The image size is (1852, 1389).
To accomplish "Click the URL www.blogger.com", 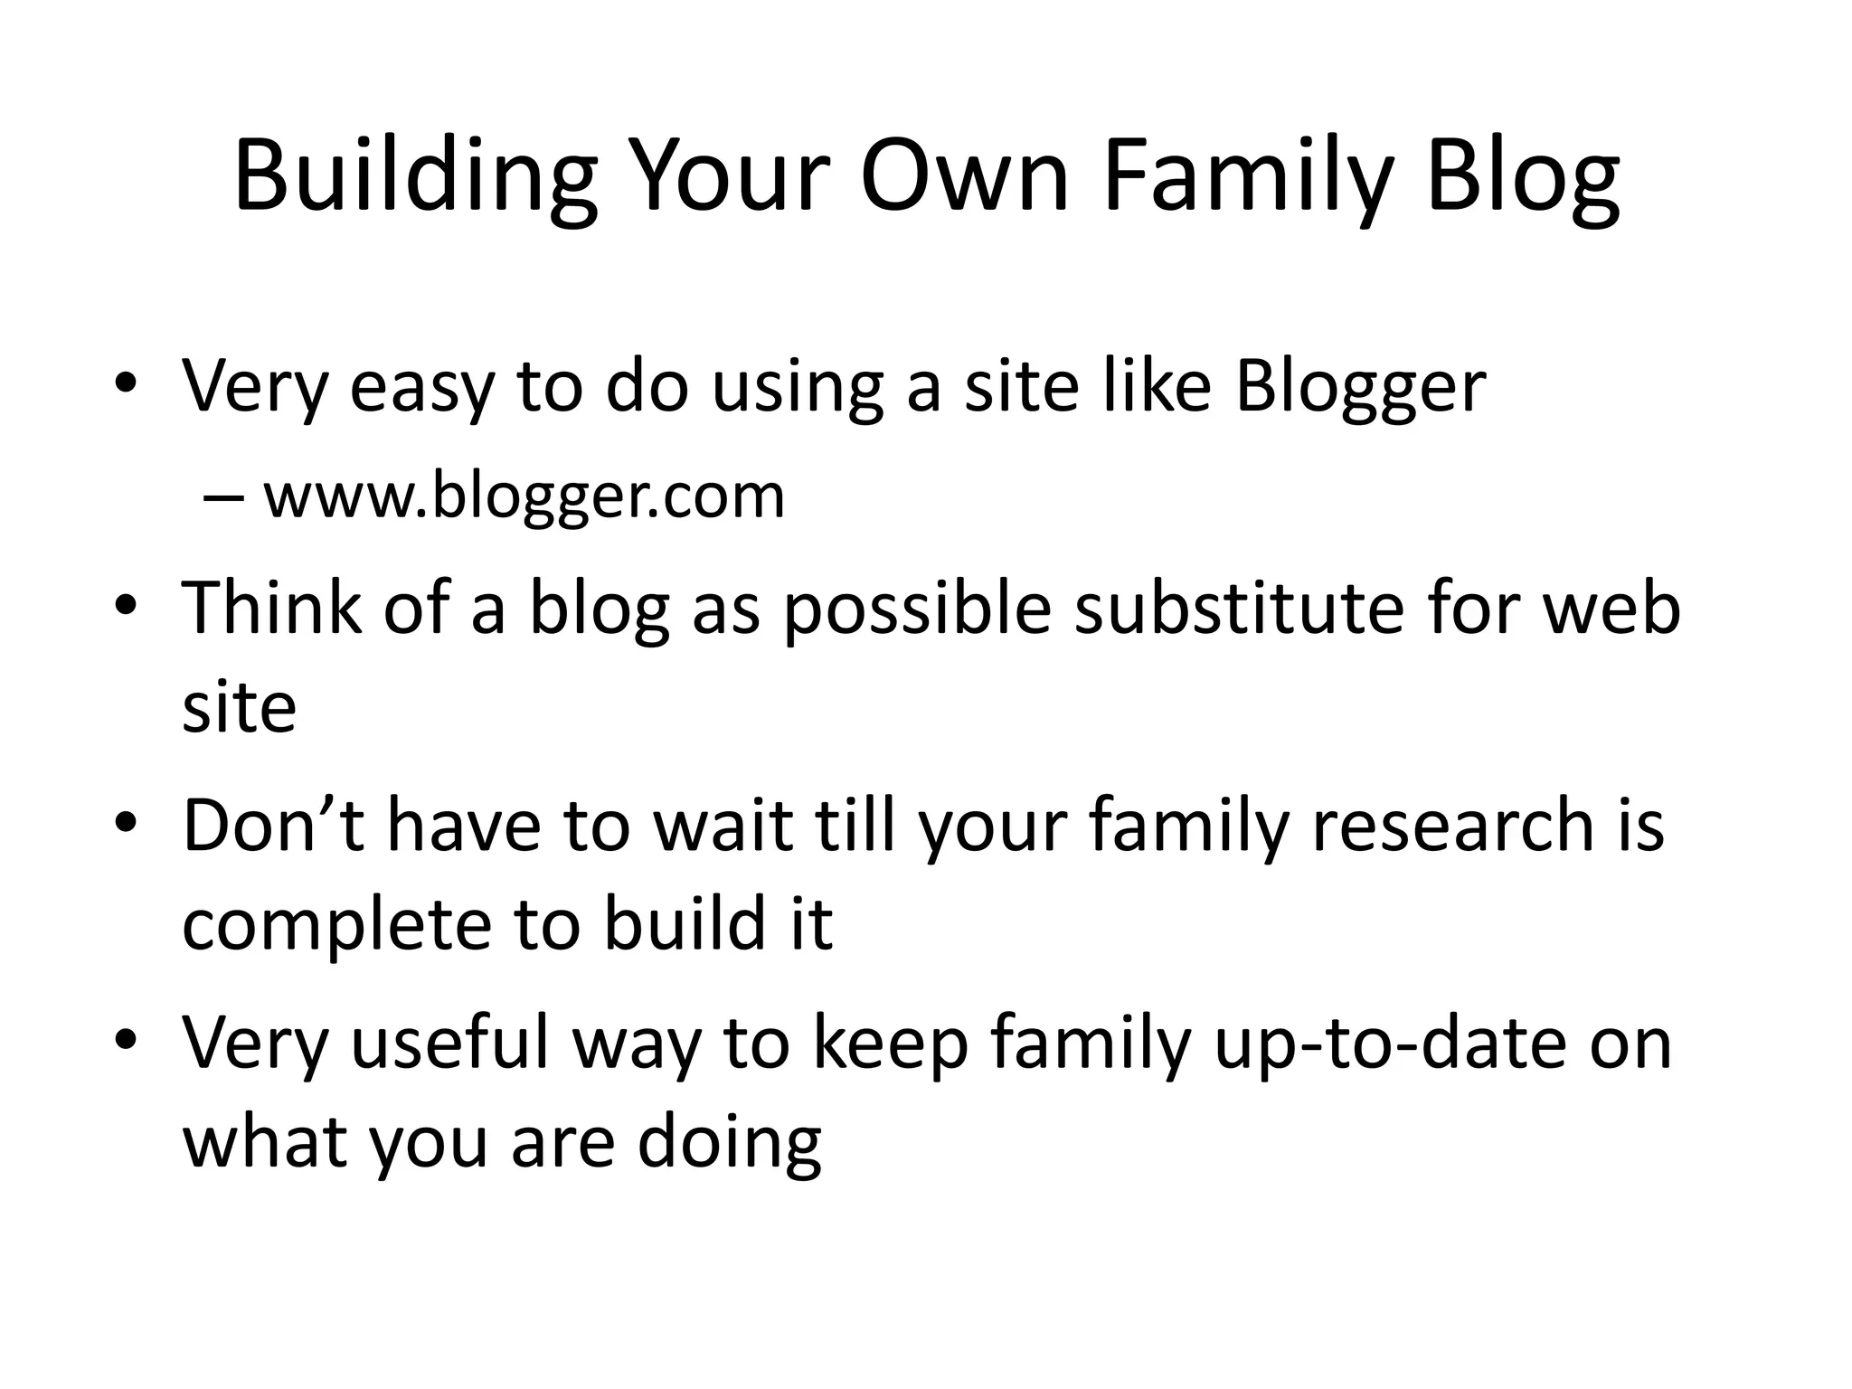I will (x=524, y=496).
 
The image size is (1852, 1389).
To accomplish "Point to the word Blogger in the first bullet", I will (x=1360, y=387).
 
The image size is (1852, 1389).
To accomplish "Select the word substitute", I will (x=1239, y=607).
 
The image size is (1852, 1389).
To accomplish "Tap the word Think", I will (x=272, y=607).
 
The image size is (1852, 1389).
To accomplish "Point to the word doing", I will (x=729, y=1143).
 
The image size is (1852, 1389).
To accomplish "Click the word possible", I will (x=917, y=607).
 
